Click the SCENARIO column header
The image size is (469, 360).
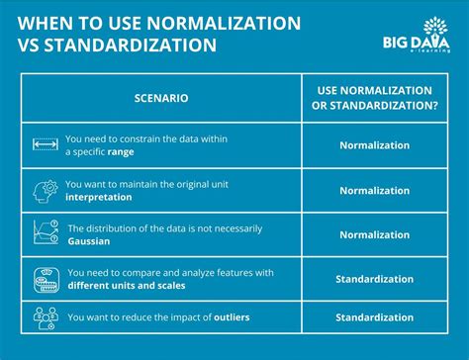point(160,99)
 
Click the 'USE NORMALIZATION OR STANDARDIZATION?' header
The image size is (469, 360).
point(373,99)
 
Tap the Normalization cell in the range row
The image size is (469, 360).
point(373,145)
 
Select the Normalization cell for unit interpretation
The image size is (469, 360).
point(373,191)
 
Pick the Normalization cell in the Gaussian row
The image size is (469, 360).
point(373,235)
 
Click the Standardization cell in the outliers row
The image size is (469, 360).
point(373,317)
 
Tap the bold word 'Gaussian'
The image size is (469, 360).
point(89,241)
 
